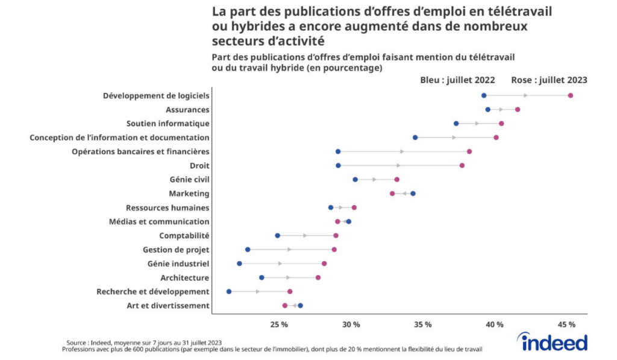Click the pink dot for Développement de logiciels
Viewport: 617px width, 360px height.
click(x=570, y=95)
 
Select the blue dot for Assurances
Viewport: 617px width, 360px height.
click(x=487, y=109)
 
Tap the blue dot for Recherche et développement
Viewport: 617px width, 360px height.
click(x=229, y=291)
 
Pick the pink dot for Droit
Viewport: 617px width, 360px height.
click(x=462, y=165)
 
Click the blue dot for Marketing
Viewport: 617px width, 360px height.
click(x=413, y=194)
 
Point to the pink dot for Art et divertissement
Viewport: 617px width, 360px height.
click(x=285, y=306)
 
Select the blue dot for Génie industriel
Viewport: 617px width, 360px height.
click(x=239, y=264)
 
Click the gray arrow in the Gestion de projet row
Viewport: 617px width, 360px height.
click(x=289, y=249)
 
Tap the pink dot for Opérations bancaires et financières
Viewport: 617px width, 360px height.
click(x=469, y=151)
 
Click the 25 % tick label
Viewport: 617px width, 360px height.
click(x=279, y=324)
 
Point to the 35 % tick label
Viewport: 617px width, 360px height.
click(x=423, y=324)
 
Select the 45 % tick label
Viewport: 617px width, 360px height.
click(x=566, y=324)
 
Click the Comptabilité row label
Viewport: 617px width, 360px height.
click(x=184, y=235)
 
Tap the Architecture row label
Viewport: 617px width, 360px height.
click(x=184, y=277)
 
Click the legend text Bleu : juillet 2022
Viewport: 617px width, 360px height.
click(x=457, y=80)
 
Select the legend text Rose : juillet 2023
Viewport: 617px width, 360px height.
click(x=549, y=80)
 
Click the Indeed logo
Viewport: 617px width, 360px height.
click(x=554, y=342)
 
